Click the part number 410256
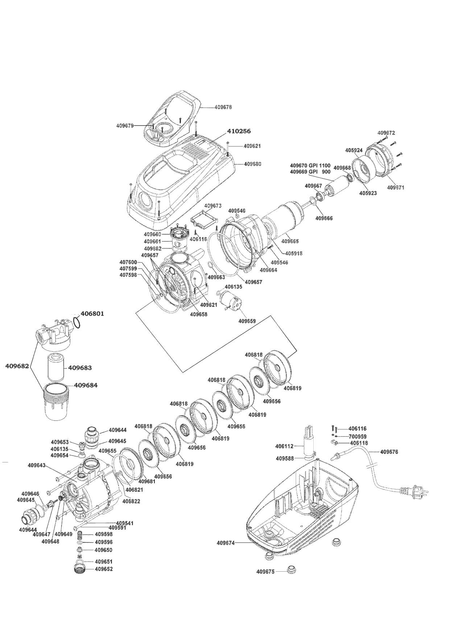(x=239, y=131)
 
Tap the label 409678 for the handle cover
(x=223, y=107)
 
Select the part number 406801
(x=92, y=313)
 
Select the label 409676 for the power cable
(x=389, y=452)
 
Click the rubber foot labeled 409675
(x=291, y=570)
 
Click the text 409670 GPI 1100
(x=310, y=165)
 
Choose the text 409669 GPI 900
(x=310, y=172)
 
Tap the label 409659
(x=247, y=321)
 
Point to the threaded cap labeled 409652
(x=79, y=569)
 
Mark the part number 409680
(x=252, y=164)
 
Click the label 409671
(x=396, y=187)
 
